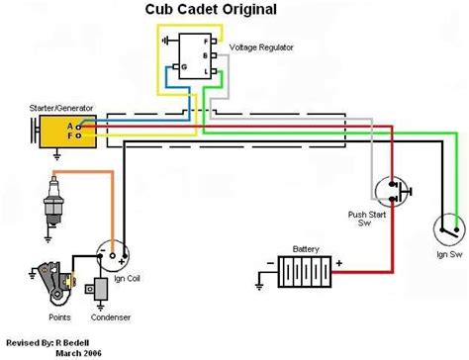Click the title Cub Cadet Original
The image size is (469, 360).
225,12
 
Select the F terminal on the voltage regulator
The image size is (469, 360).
205,43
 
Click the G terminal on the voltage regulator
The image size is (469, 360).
173,67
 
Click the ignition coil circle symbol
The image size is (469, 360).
114,254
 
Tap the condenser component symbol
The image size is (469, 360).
100,289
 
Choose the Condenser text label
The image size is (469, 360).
108,318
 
